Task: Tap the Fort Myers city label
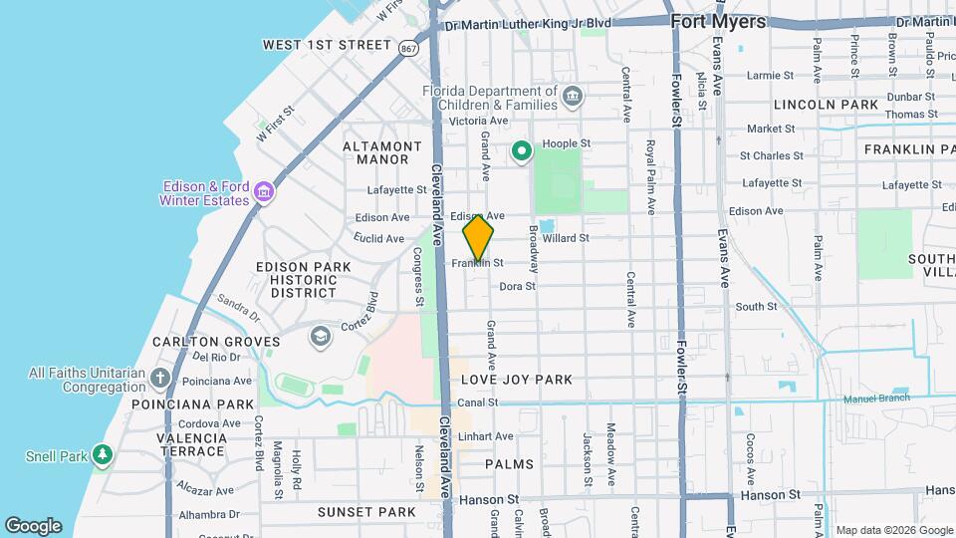(x=718, y=21)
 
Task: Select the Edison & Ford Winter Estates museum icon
(x=264, y=190)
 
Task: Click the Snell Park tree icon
(x=102, y=456)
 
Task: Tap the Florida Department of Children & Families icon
(x=572, y=97)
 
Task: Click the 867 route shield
(x=407, y=47)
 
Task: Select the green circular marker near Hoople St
(x=521, y=151)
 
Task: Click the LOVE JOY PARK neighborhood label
(x=517, y=380)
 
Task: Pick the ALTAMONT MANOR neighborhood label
(x=375, y=152)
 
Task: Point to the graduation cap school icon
(x=320, y=335)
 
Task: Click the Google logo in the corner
(x=33, y=526)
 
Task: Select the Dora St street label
(x=517, y=286)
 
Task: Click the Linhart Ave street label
(x=486, y=436)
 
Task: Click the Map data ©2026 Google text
(x=893, y=530)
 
